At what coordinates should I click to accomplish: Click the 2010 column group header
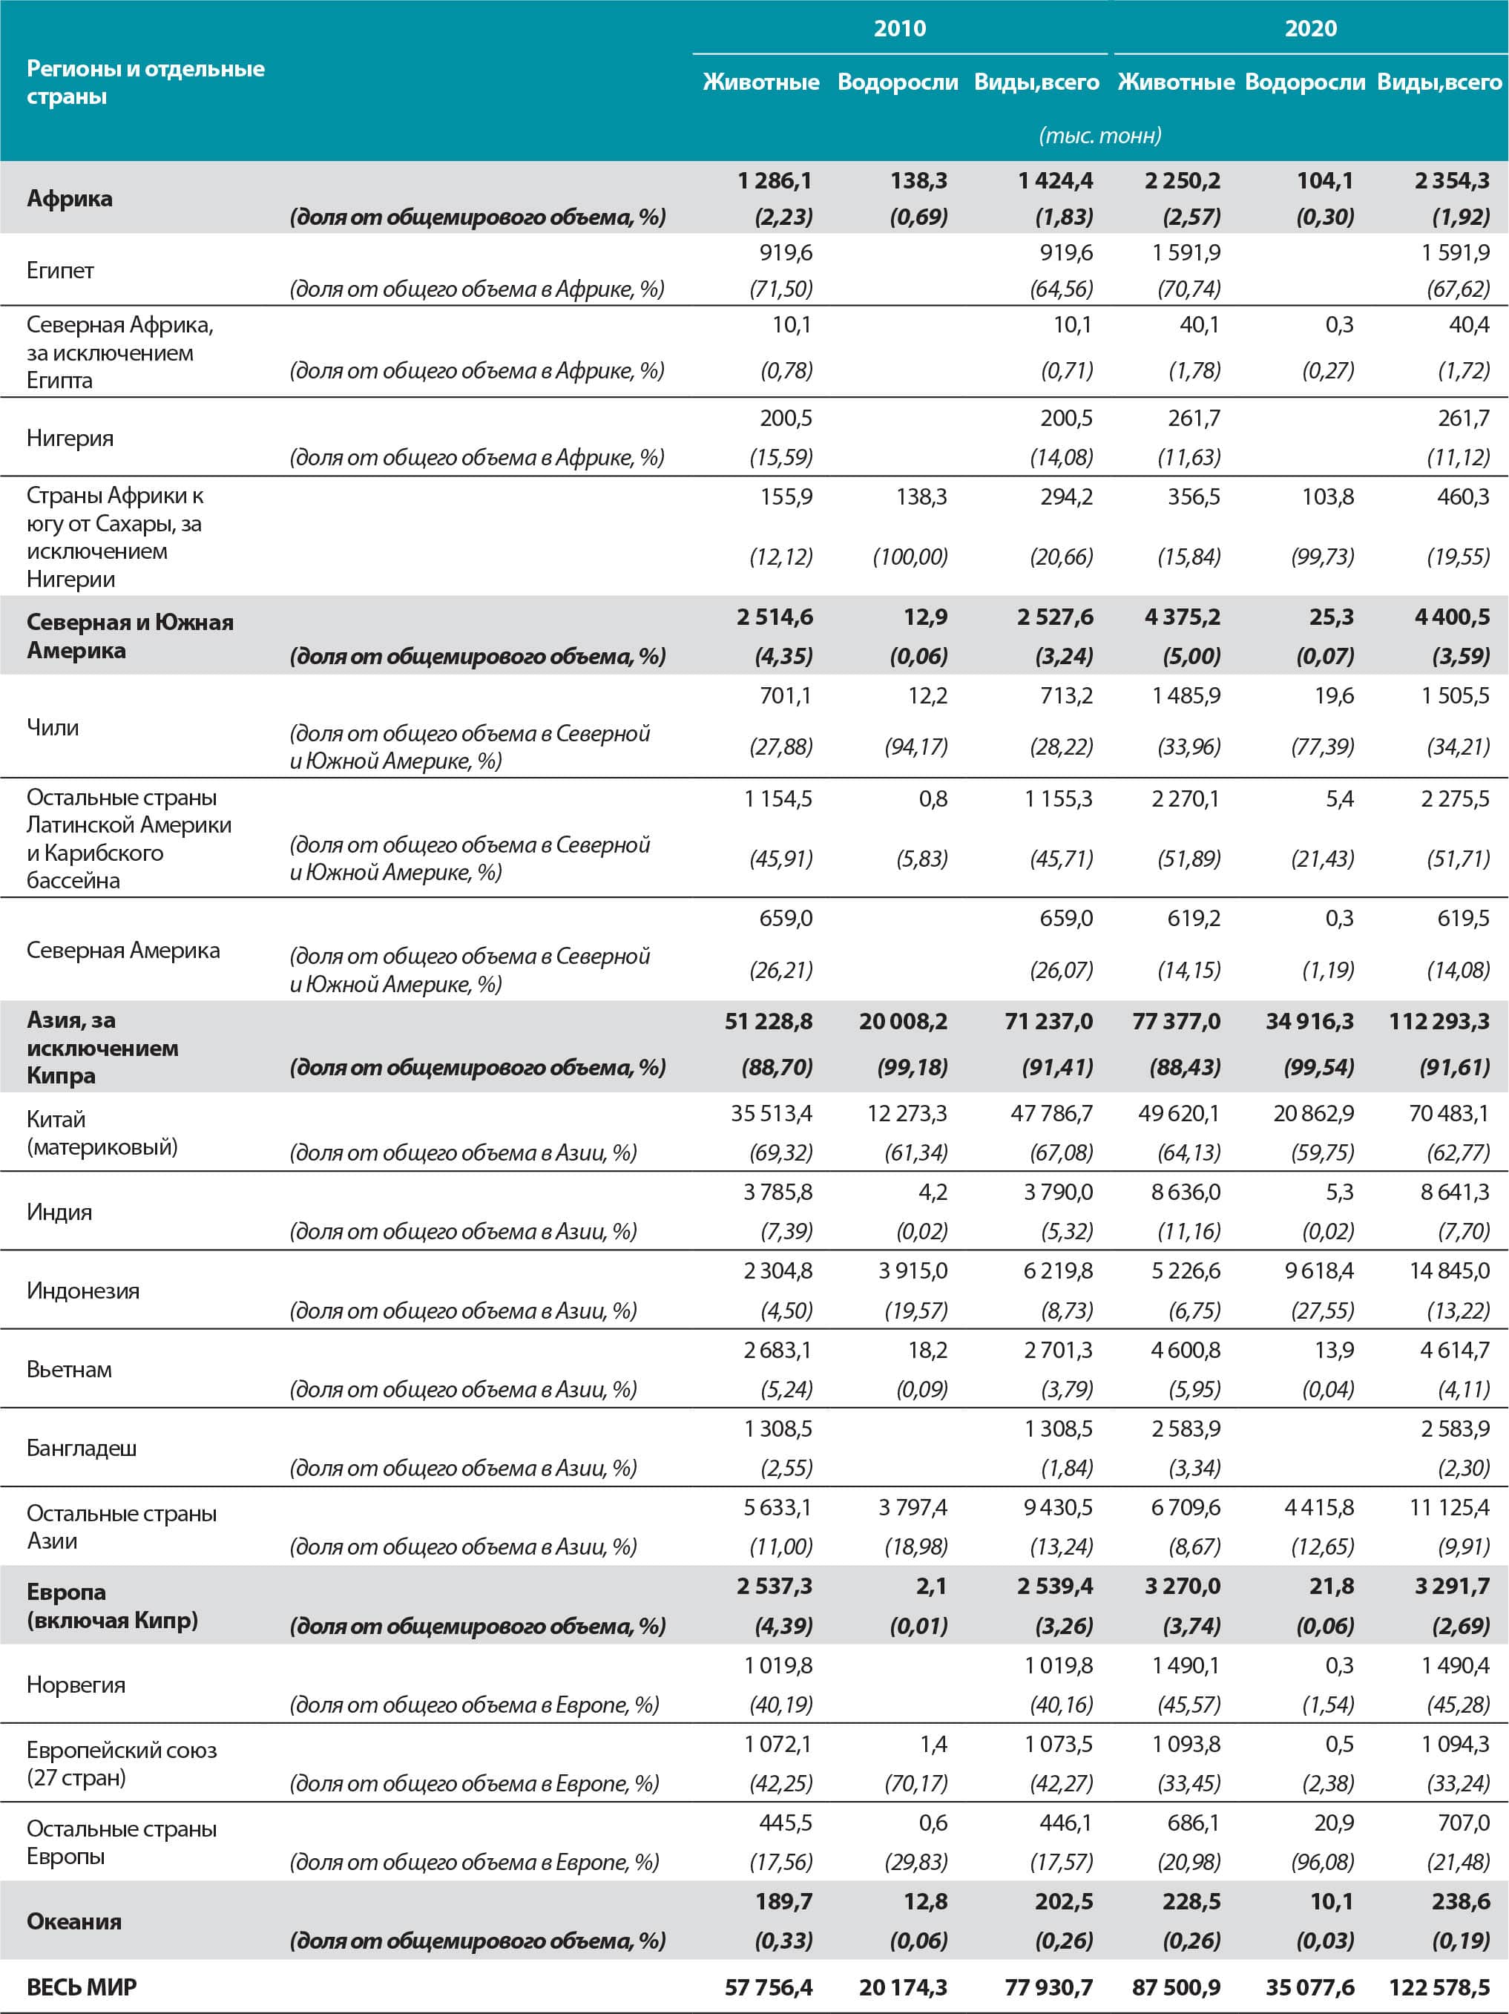pyautogui.click(x=899, y=28)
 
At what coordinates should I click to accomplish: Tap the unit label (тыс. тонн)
pyautogui.click(x=1099, y=136)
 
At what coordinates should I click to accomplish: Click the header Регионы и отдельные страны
pyautogui.click(x=145, y=82)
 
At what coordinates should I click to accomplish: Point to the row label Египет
pyautogui.click(x=60, y=270)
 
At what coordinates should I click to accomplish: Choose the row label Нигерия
pyautogui.click(x=70, y=438)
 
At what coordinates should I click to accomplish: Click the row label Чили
pyautogui.click(x=53, y=726)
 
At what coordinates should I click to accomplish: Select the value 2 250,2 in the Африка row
pyautogui.click(x=1183, y=180)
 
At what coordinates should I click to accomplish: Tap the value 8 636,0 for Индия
pyautogui.click(x=1185, y=1192)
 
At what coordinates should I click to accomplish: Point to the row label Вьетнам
pyautogui.click(x=69, y=1369)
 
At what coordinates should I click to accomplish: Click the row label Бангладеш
pyautogui.click(x=81, y=1448)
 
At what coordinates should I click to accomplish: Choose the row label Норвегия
pyautogui.click(x=76, y=1685)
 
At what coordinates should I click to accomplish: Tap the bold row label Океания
pyautogui.click(x=73, y=1921)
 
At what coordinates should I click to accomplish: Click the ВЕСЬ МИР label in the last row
pyautogui.click(x=81, y=1987)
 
